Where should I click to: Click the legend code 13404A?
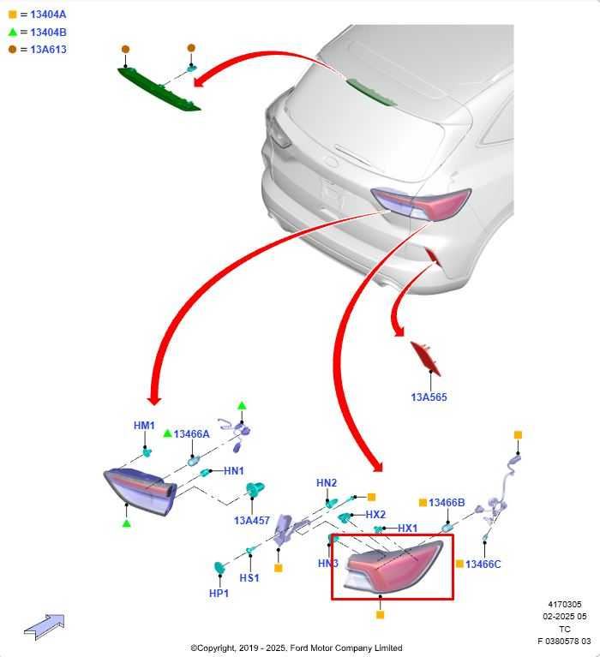click(x=48, y=15)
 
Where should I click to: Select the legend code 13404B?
click(x=48, y=33)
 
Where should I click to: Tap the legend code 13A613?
click(x=48, y=50)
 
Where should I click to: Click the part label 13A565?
click(x=429, y=397)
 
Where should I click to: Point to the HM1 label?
click(x=144, y=425)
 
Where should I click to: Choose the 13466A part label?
click(x=192, y=434)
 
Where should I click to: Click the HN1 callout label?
click(x=233, y=471)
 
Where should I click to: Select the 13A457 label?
click(x=252, y=521)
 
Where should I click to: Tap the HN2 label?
click(x=327, y=483)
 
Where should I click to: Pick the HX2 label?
click(x=375, y=515)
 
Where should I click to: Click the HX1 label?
click(x=407, y=529)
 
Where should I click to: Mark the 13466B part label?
click(x=447, y=503)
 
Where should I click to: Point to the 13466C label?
click(x=483, y=564)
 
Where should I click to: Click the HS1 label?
click(x=249, y=578)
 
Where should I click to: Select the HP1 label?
click(x=219, y=594)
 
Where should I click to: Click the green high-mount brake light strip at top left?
click(x=159, y=89)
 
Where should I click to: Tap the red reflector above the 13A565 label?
click(x=425, y=358)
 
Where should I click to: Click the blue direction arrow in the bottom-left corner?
click(x=45, y=627)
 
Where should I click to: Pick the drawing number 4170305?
click(x=565, y=604)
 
